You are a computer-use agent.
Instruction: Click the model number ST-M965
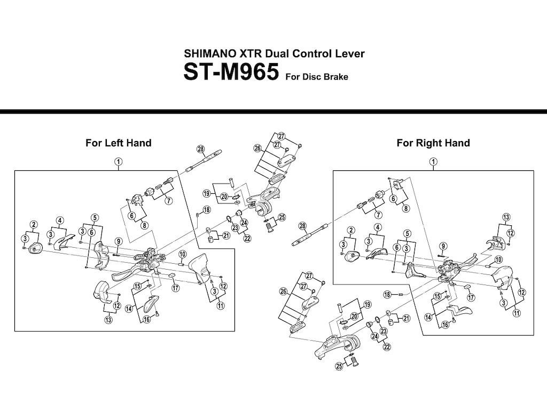tap(231, 72)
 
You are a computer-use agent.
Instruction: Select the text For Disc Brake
tap(317, 77)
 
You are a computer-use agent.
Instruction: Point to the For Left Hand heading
tap(119, 143)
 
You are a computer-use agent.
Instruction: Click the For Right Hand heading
tap(433, 143)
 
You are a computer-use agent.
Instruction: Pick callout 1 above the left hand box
tap(119, 162)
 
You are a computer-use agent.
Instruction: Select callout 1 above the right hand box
tap(433, 162)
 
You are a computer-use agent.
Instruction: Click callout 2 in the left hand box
tap(34, 225)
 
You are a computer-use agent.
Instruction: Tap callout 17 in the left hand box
tap(175, 288)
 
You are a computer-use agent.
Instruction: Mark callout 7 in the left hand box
tap(168, 201)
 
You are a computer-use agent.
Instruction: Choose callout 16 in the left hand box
tap(147, 319)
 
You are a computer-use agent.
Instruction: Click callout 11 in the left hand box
tap(221, 306)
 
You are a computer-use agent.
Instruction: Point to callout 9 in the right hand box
tap(443, 247)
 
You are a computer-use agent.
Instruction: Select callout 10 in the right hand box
tap(498, 259)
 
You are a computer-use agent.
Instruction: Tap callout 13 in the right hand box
tap(506, 218)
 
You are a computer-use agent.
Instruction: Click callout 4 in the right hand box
tap(378, 227)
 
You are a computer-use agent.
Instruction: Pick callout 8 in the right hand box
tap(406, 209)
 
